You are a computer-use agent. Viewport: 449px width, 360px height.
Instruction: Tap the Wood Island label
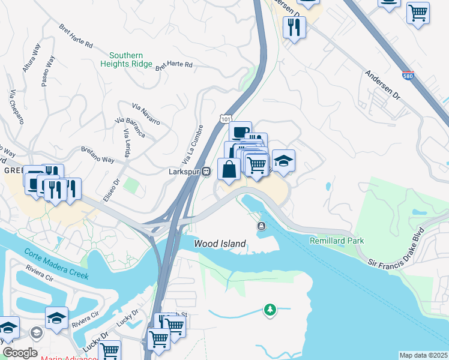pos(220,244)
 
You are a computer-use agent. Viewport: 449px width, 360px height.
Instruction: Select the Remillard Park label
pos(337,241)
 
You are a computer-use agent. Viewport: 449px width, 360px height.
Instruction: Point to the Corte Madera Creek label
pos(56,264)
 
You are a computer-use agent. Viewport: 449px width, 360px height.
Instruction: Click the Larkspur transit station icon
pos(206,172)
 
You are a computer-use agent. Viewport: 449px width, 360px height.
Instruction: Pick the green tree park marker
pos(270,310)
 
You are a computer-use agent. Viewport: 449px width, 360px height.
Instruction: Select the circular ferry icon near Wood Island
pos(262,226)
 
